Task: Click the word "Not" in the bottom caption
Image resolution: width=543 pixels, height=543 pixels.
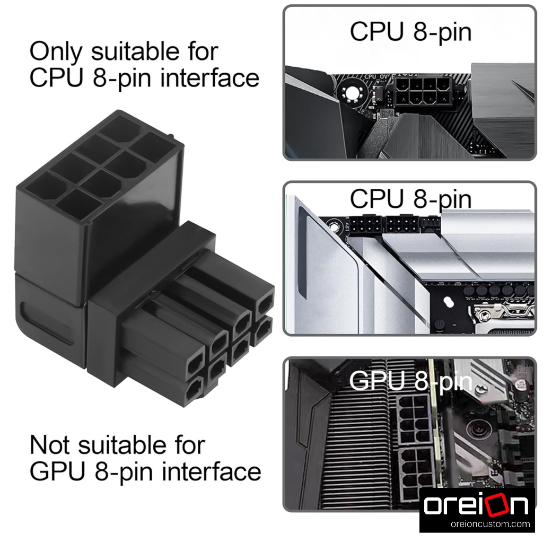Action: pos(50,445)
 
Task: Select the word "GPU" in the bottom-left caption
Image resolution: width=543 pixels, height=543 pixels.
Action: pos(57,471)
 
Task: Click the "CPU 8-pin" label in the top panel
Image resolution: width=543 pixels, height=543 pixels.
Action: pos(411,32)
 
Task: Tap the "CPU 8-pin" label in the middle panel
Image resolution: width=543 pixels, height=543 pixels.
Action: pos(411,199)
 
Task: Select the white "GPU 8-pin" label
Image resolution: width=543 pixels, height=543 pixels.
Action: pos(411,382)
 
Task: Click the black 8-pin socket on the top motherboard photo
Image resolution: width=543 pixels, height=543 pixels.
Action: pos(423,91)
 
